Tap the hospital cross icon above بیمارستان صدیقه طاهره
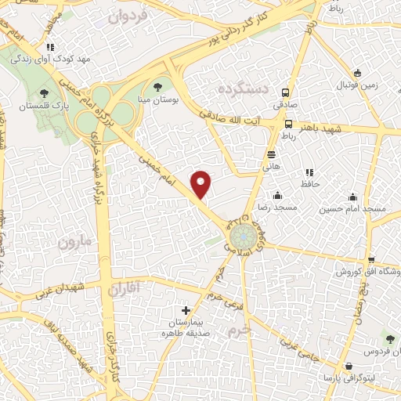[x=186, y=310]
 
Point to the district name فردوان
[x=129, y=16]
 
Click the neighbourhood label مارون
[x=74, y=242]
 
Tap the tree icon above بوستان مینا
[x=159, y=87]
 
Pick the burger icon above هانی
[x=271, y=154]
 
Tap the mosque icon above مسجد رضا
[x=277, y=196]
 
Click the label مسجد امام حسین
[x=352, y=210]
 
